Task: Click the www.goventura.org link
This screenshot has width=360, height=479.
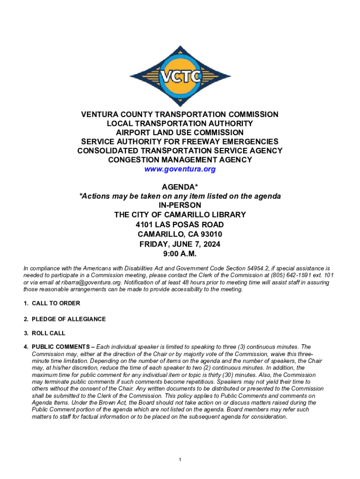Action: pyautogui.click(x=180, y=169)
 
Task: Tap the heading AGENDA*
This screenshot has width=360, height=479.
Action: pyautogui.click(x=180, y=188)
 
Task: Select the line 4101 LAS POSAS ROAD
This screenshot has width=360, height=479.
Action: pyautogui.click(x=180, y=225)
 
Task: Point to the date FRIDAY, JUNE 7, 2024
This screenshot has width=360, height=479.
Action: pyautogui.click(x=180, y=244)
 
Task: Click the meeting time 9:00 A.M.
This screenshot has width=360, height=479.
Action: pyautogui.click(x=180, y=254)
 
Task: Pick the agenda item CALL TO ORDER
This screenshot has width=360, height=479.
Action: pyautogui.click(x=56, y=303)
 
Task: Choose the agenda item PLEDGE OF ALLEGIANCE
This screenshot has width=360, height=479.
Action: pyautogui.click(x=68, y=319)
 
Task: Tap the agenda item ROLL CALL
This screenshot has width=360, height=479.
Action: pyautogui.click(x=48, y=333)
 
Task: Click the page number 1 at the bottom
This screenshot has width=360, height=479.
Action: pyautogui.click(x=180, y=460)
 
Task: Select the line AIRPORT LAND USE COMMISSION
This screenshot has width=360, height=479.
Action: pyautogui.click(x=180, y=132)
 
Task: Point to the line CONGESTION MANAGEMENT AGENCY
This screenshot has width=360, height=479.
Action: pyautogui.click(x=180, y=160)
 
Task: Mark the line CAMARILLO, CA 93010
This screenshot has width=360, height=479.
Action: pyautogui.click(x=180, y=234)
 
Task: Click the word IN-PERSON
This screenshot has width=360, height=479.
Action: pyautogui.click(x=180, y=205)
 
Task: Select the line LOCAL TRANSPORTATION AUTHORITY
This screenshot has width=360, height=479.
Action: pyautogui.click(x=180, y=123)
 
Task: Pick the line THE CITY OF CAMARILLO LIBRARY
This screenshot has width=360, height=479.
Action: pyautogui.click(x=180, y=215)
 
